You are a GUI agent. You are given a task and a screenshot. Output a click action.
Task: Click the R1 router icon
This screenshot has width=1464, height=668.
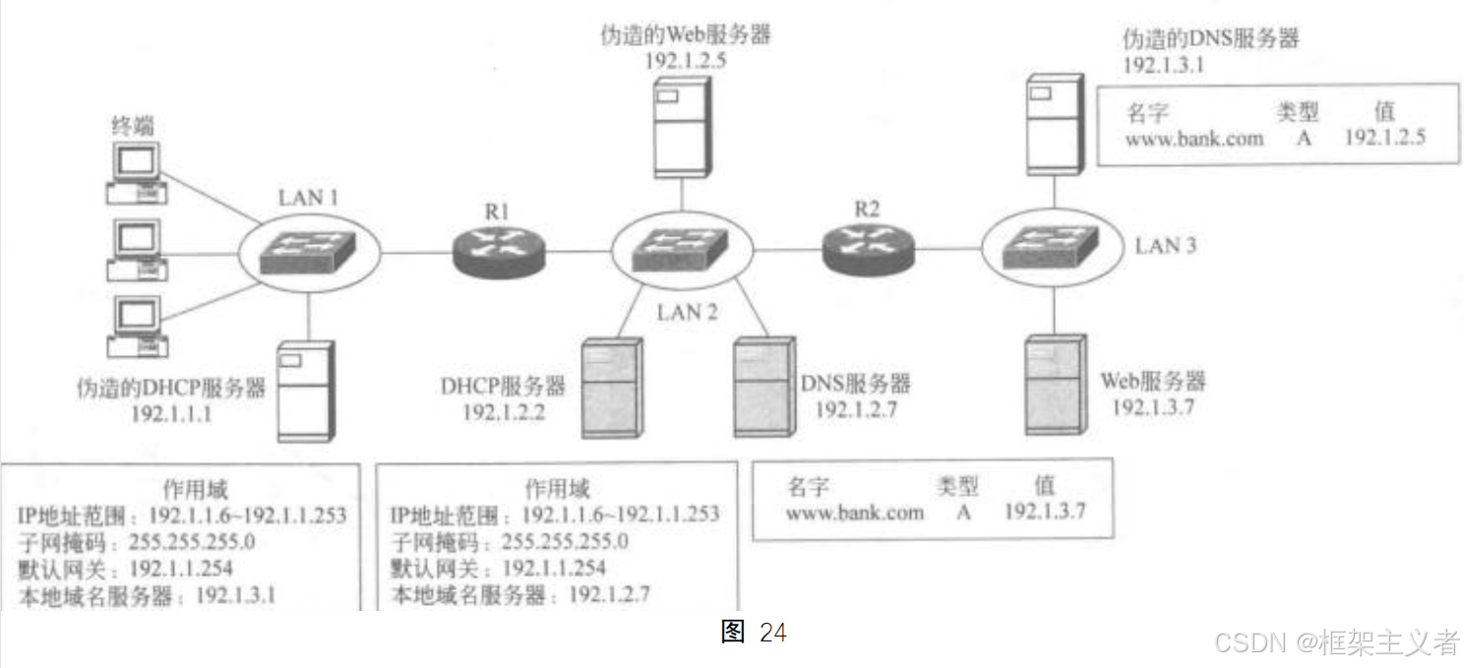click(x=498, y=249)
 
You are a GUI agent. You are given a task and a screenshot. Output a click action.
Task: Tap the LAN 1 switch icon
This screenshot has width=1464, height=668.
click(x=307, y=252)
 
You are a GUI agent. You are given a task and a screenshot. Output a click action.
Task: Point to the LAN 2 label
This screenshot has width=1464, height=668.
click(x=688, y=313)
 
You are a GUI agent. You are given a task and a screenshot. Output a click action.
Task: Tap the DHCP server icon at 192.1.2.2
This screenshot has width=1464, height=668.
click(x=610, y=388)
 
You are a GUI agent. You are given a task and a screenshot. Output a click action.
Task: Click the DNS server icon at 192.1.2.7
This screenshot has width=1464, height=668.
click(x=763, y=387)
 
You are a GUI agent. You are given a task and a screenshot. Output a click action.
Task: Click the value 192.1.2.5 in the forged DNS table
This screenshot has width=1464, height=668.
click(x=1384, y=138)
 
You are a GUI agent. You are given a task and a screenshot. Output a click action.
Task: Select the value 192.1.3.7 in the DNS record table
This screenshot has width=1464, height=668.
click(x=1044, y=512)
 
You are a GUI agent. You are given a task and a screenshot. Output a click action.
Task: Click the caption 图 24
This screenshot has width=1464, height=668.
click(x=754, y=633)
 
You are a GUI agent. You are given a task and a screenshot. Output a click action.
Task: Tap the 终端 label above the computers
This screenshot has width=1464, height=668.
click(x=133, y=127)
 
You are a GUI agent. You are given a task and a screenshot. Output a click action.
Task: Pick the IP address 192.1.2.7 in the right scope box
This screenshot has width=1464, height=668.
click(x=610, y=595)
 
